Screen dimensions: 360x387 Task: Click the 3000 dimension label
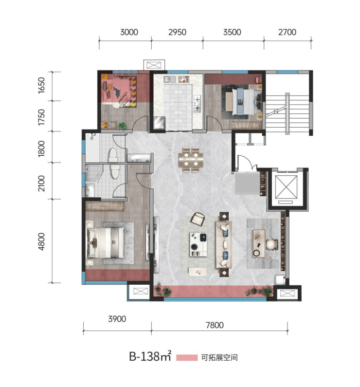click(x=129, y=32)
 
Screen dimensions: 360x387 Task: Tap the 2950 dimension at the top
click(x=177, y=32)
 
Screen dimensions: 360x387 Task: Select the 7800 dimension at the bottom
click(x=215, y=325)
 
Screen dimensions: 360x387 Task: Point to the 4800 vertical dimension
click(x=41, y=241)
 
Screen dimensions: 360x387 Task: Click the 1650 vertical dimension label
click(x=41, y=85)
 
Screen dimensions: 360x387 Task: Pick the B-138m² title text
click(x=150, y=356)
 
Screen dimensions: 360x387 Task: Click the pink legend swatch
click(x=187, y=358)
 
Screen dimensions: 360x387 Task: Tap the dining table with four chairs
click(x=191, y=160)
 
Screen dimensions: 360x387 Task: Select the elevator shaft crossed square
click(x=286, y=186)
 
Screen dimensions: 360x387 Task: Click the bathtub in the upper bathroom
click(x=92, y=147)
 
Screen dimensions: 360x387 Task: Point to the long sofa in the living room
click(x=224, y=244)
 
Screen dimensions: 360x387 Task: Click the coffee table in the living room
click(x=198, y=244)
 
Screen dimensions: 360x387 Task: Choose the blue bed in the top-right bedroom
click(x=241, y=102)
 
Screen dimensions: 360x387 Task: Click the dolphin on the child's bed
click(x=117, y=92)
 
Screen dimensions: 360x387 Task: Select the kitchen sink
click(x=170, y=79)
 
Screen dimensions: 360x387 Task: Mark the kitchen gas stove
click(x=197, y=103)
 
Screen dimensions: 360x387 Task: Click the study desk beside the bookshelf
click(x=259, y=243)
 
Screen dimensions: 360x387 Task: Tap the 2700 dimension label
click(x=287, y=32)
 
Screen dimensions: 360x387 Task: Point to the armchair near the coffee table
click(x=198, y=219)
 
